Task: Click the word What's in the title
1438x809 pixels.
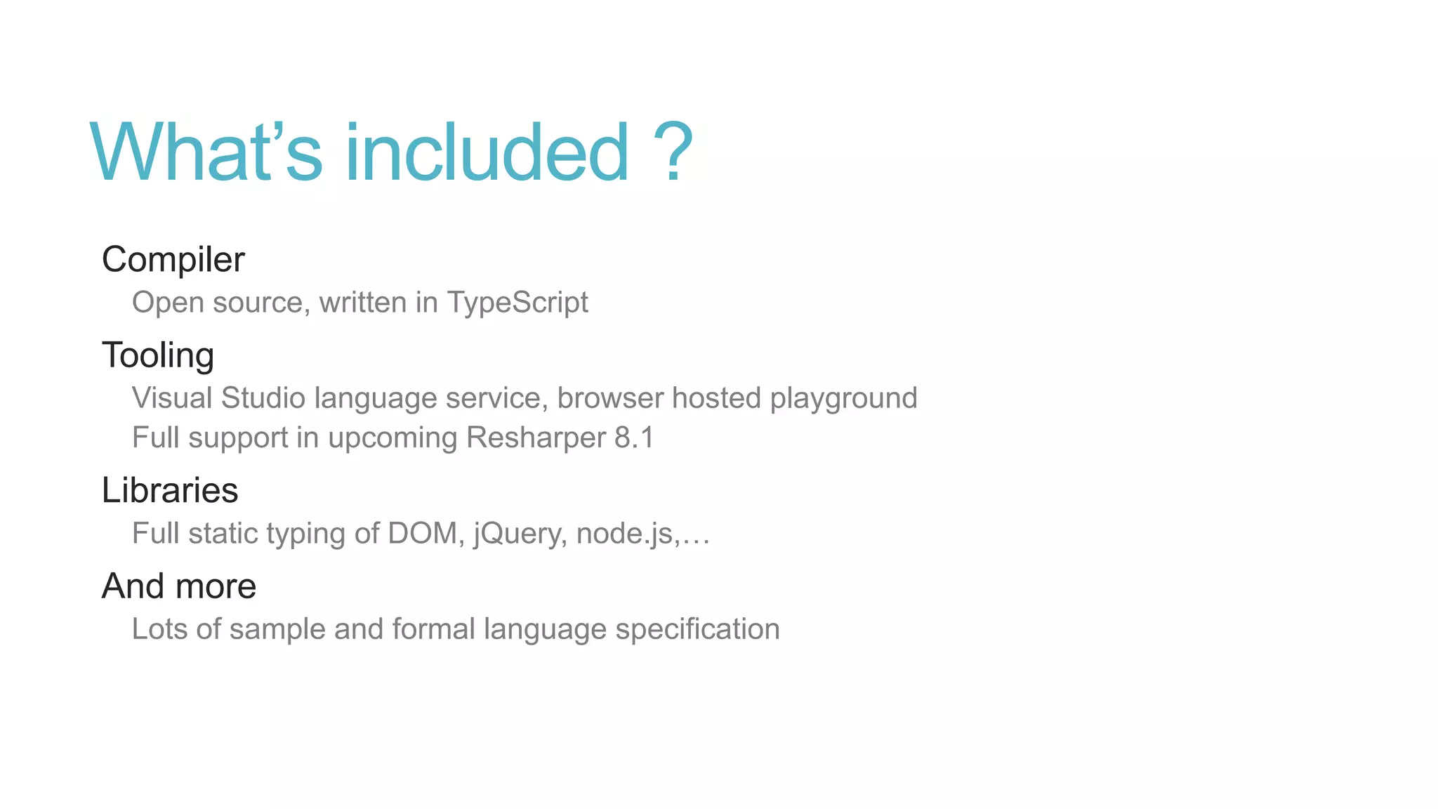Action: [x=206, y=152]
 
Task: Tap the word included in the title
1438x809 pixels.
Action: [x=487, y=152]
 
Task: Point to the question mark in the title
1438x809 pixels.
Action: [x=672, y=152]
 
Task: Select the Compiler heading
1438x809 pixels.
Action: [x=173, y=260]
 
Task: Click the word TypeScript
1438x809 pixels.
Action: [x=517, y=303]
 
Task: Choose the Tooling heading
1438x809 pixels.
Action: [x=158, y=355]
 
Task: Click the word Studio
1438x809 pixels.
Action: [x=263, y=398]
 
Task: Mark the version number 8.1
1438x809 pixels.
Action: [x=634, y=438]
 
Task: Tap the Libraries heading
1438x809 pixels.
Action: [x=170, y=490]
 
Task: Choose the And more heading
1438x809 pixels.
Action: [x=179, y=586]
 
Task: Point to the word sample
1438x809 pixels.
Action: [x=277, y=629]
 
